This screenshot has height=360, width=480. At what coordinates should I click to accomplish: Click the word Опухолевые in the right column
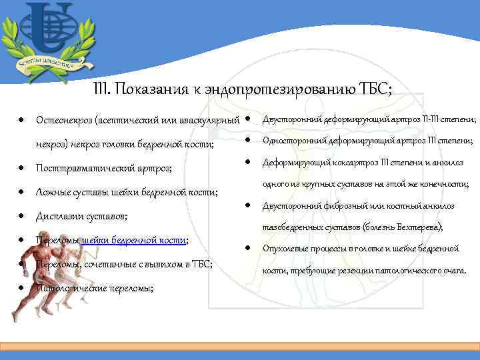point(288,249)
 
